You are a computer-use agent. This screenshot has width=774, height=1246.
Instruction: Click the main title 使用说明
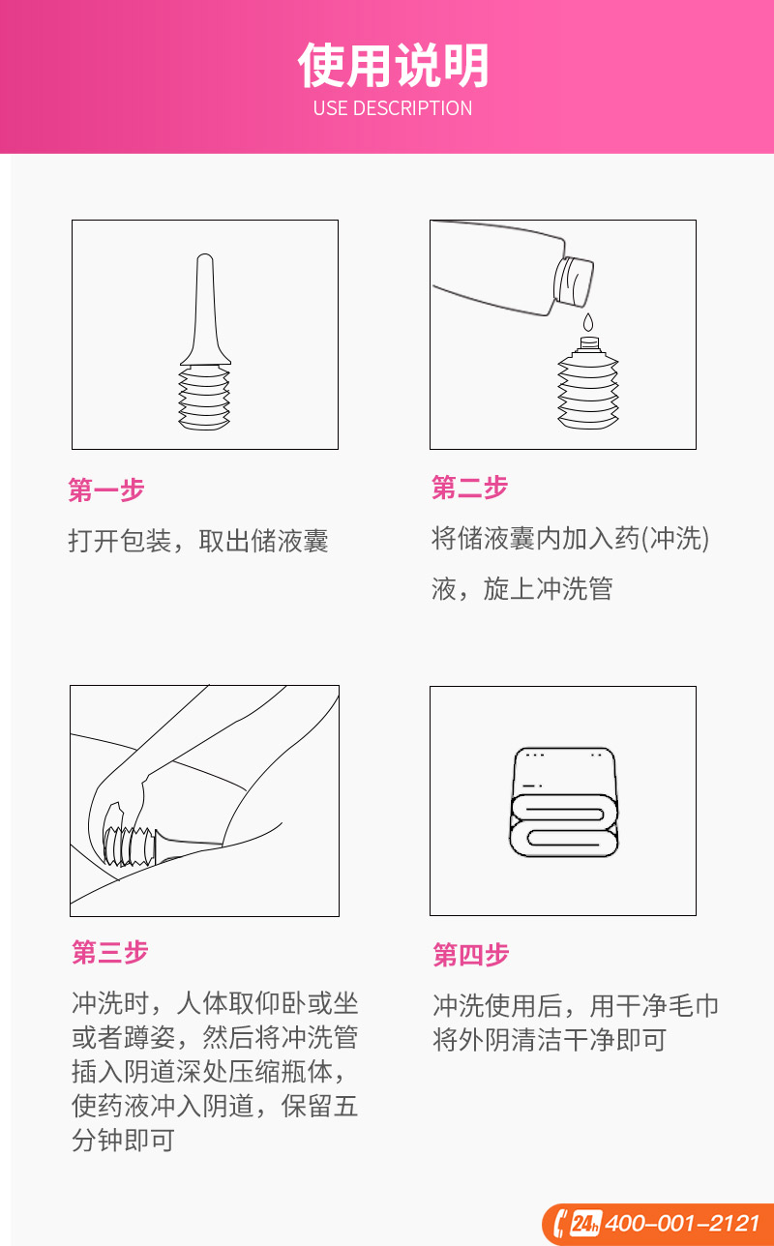point(393,66)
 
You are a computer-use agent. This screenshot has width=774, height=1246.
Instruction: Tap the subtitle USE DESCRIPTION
point(393,108)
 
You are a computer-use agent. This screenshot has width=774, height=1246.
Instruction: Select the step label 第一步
point(106,490)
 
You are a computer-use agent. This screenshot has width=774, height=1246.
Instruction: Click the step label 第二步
point(469,488)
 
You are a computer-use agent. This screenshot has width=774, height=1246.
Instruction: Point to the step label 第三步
point(110,952)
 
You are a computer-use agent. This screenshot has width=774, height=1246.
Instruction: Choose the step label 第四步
point(471,955)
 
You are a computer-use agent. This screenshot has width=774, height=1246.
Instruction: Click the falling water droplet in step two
point(588,323)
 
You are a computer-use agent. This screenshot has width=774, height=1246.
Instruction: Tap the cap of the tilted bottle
point(573,282)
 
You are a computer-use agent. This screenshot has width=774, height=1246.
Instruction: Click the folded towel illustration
point(564,802)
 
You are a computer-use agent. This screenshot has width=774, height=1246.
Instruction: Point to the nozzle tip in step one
point(205,258)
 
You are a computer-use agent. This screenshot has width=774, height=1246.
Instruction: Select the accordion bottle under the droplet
point(588,383)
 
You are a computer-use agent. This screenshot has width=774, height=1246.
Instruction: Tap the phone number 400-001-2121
point(682,1223)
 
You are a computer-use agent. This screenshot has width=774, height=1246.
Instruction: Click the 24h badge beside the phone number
point(585,1224)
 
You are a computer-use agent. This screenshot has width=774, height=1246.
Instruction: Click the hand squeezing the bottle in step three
point(120,801)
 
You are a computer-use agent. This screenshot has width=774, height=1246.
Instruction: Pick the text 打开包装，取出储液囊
point(198,541)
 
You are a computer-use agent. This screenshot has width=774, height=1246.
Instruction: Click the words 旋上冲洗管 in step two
point(548,588)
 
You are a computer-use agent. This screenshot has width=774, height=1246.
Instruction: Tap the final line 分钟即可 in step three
point(123,1140)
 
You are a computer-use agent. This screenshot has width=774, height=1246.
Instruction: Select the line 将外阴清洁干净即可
point(550,1039)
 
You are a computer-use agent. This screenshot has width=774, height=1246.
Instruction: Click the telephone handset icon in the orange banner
point(561,1224)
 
